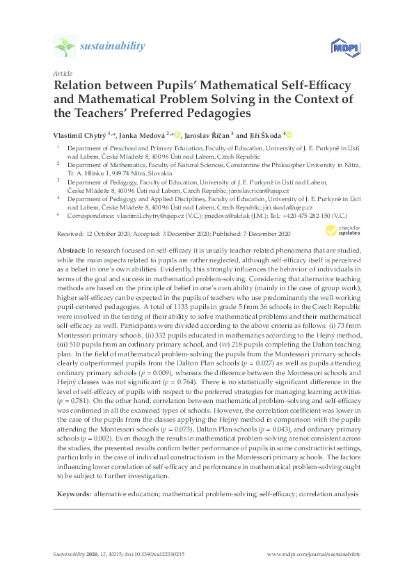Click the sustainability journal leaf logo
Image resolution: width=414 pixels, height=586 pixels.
[65, 47]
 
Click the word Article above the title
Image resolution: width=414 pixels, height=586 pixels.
[63, 72]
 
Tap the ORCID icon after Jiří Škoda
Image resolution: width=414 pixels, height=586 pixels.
[289, 135]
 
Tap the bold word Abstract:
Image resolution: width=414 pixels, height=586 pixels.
[70, 249]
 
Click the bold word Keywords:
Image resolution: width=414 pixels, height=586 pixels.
[74, 493]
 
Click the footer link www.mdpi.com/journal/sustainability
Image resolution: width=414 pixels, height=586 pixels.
[315, 554]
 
